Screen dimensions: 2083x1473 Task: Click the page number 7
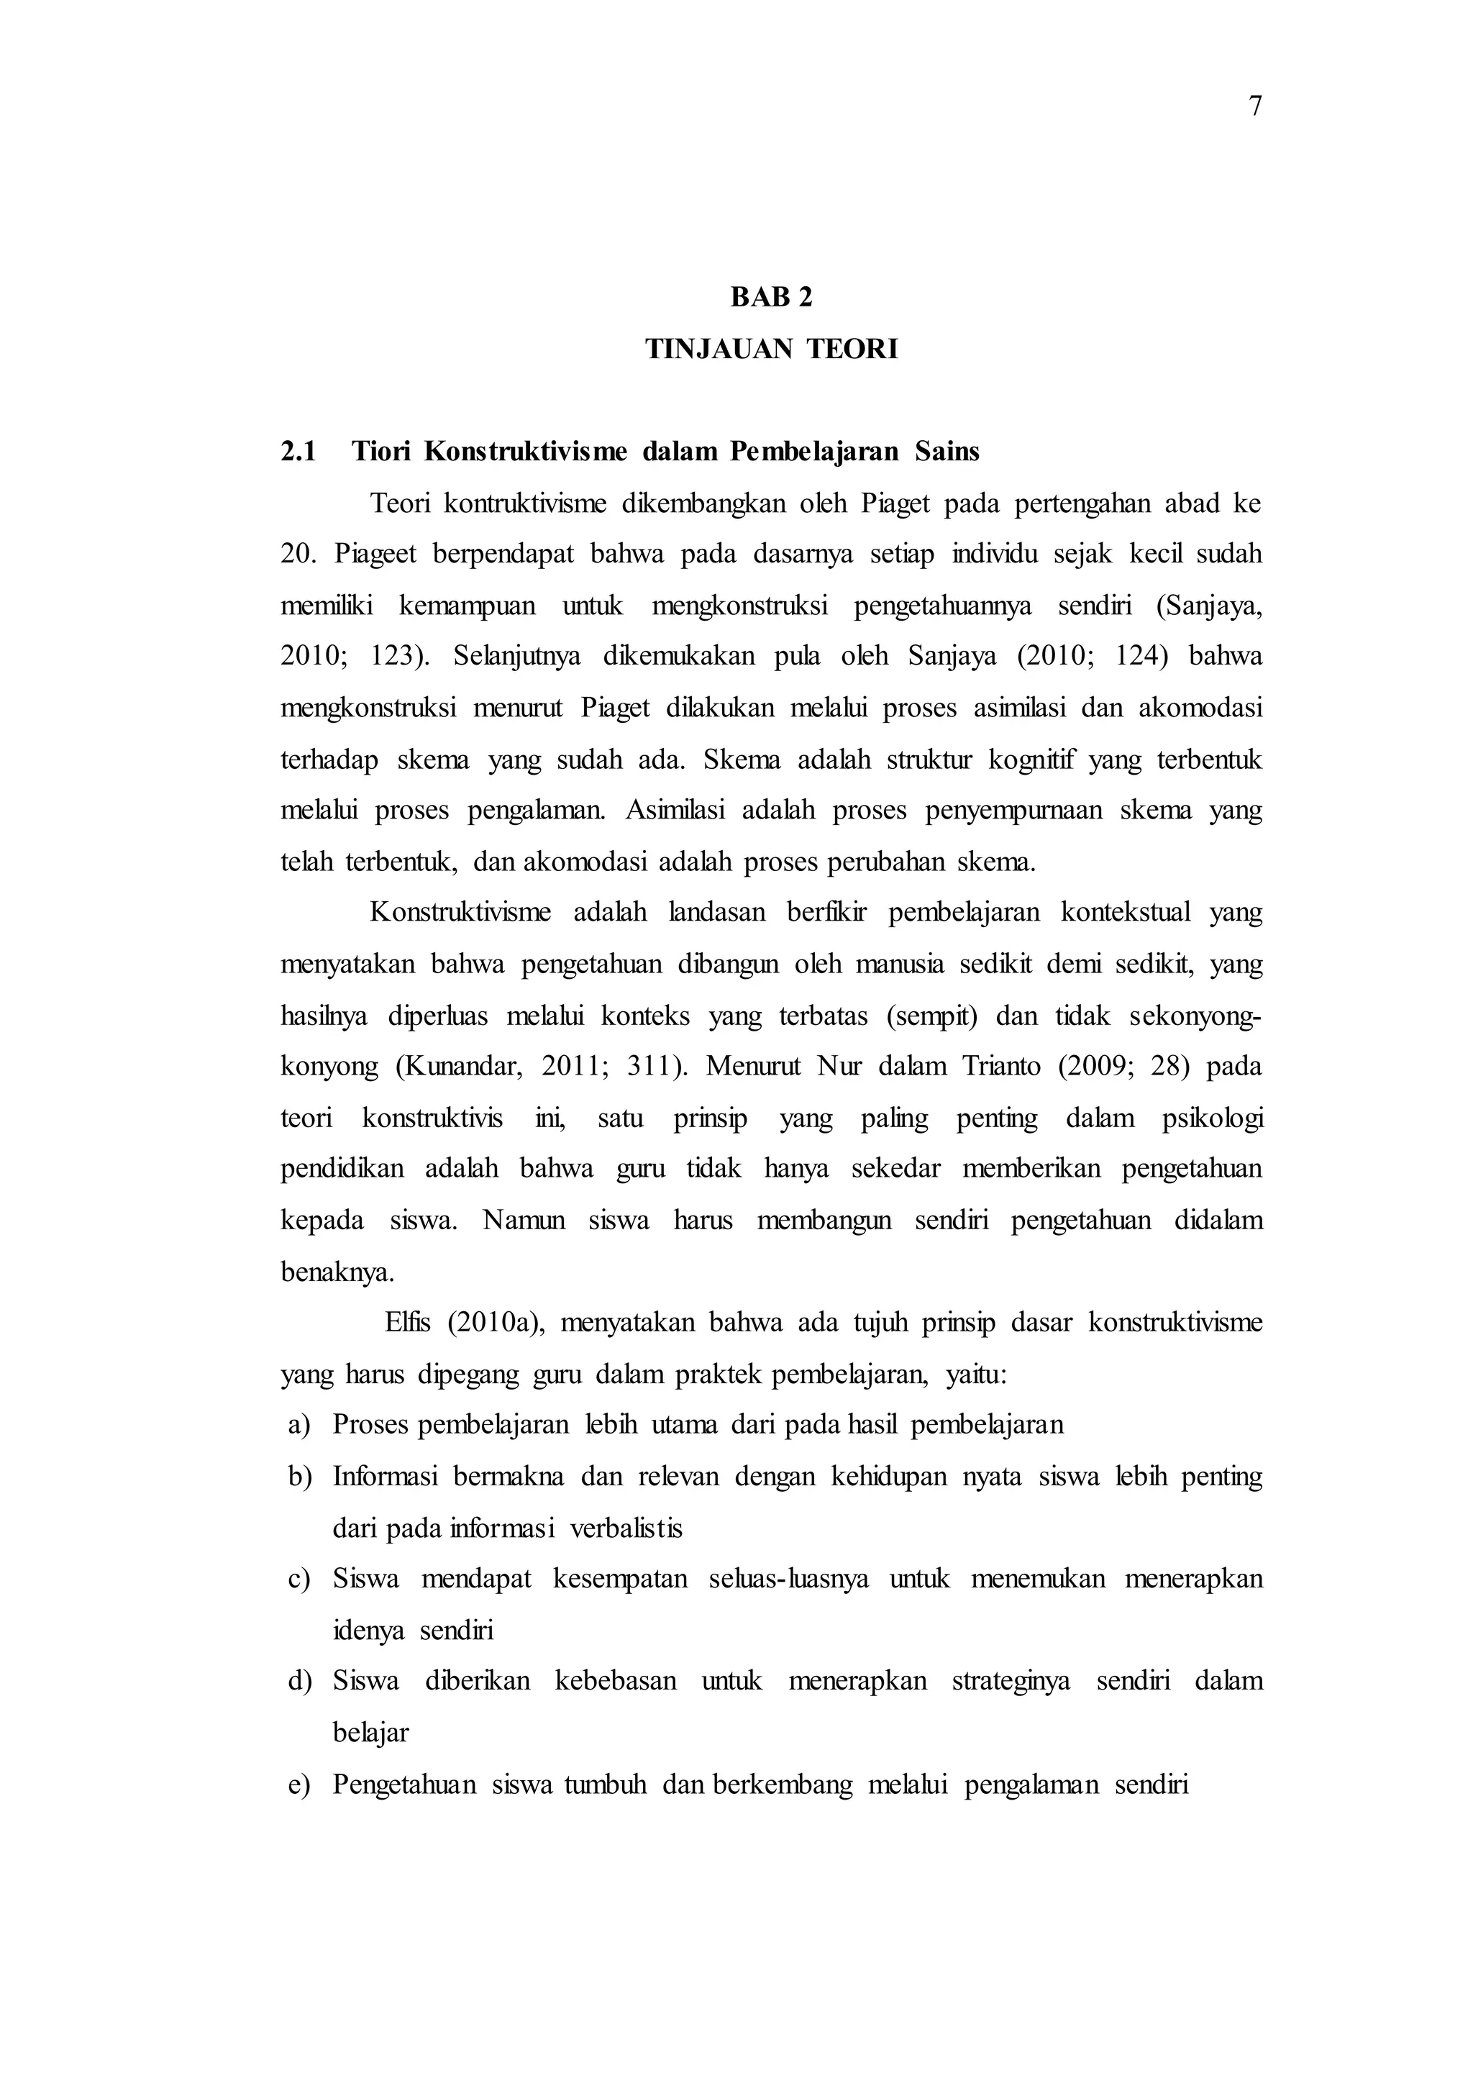(1254, 107)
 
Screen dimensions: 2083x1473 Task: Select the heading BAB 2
(772, 298)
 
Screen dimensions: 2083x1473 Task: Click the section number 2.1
(298, 452)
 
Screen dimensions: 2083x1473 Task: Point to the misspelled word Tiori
(381, 452)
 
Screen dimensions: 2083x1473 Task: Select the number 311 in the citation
(649, 1066)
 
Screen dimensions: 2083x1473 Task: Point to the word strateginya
(1011, 1681)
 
